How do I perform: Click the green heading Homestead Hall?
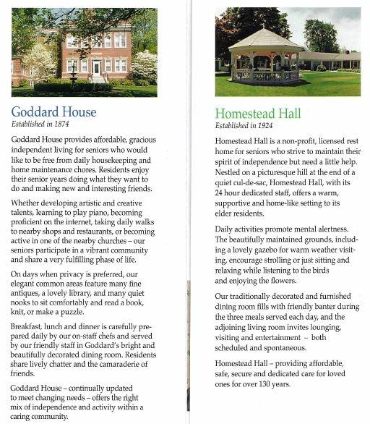pyautogui.click(x=258, y=114)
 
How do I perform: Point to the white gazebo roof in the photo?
pyautogui.click(x=264, y=40)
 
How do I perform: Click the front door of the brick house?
pyautogui.click(x=96, y=68)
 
